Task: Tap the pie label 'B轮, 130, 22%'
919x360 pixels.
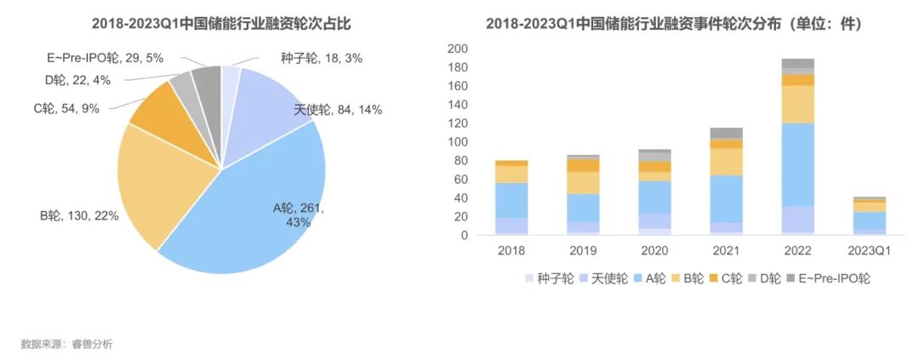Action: pyautogui.click(x=78, y=216)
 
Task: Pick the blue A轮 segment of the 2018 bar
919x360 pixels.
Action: pyautogui.click(x=511, y=200)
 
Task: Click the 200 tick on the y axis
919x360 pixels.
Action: pyautogui.click(x=458, y=49)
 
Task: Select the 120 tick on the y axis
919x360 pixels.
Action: pyautogui.click(x=458, y=123)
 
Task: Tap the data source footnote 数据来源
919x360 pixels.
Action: pyautogui.click(x=66, y=344)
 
